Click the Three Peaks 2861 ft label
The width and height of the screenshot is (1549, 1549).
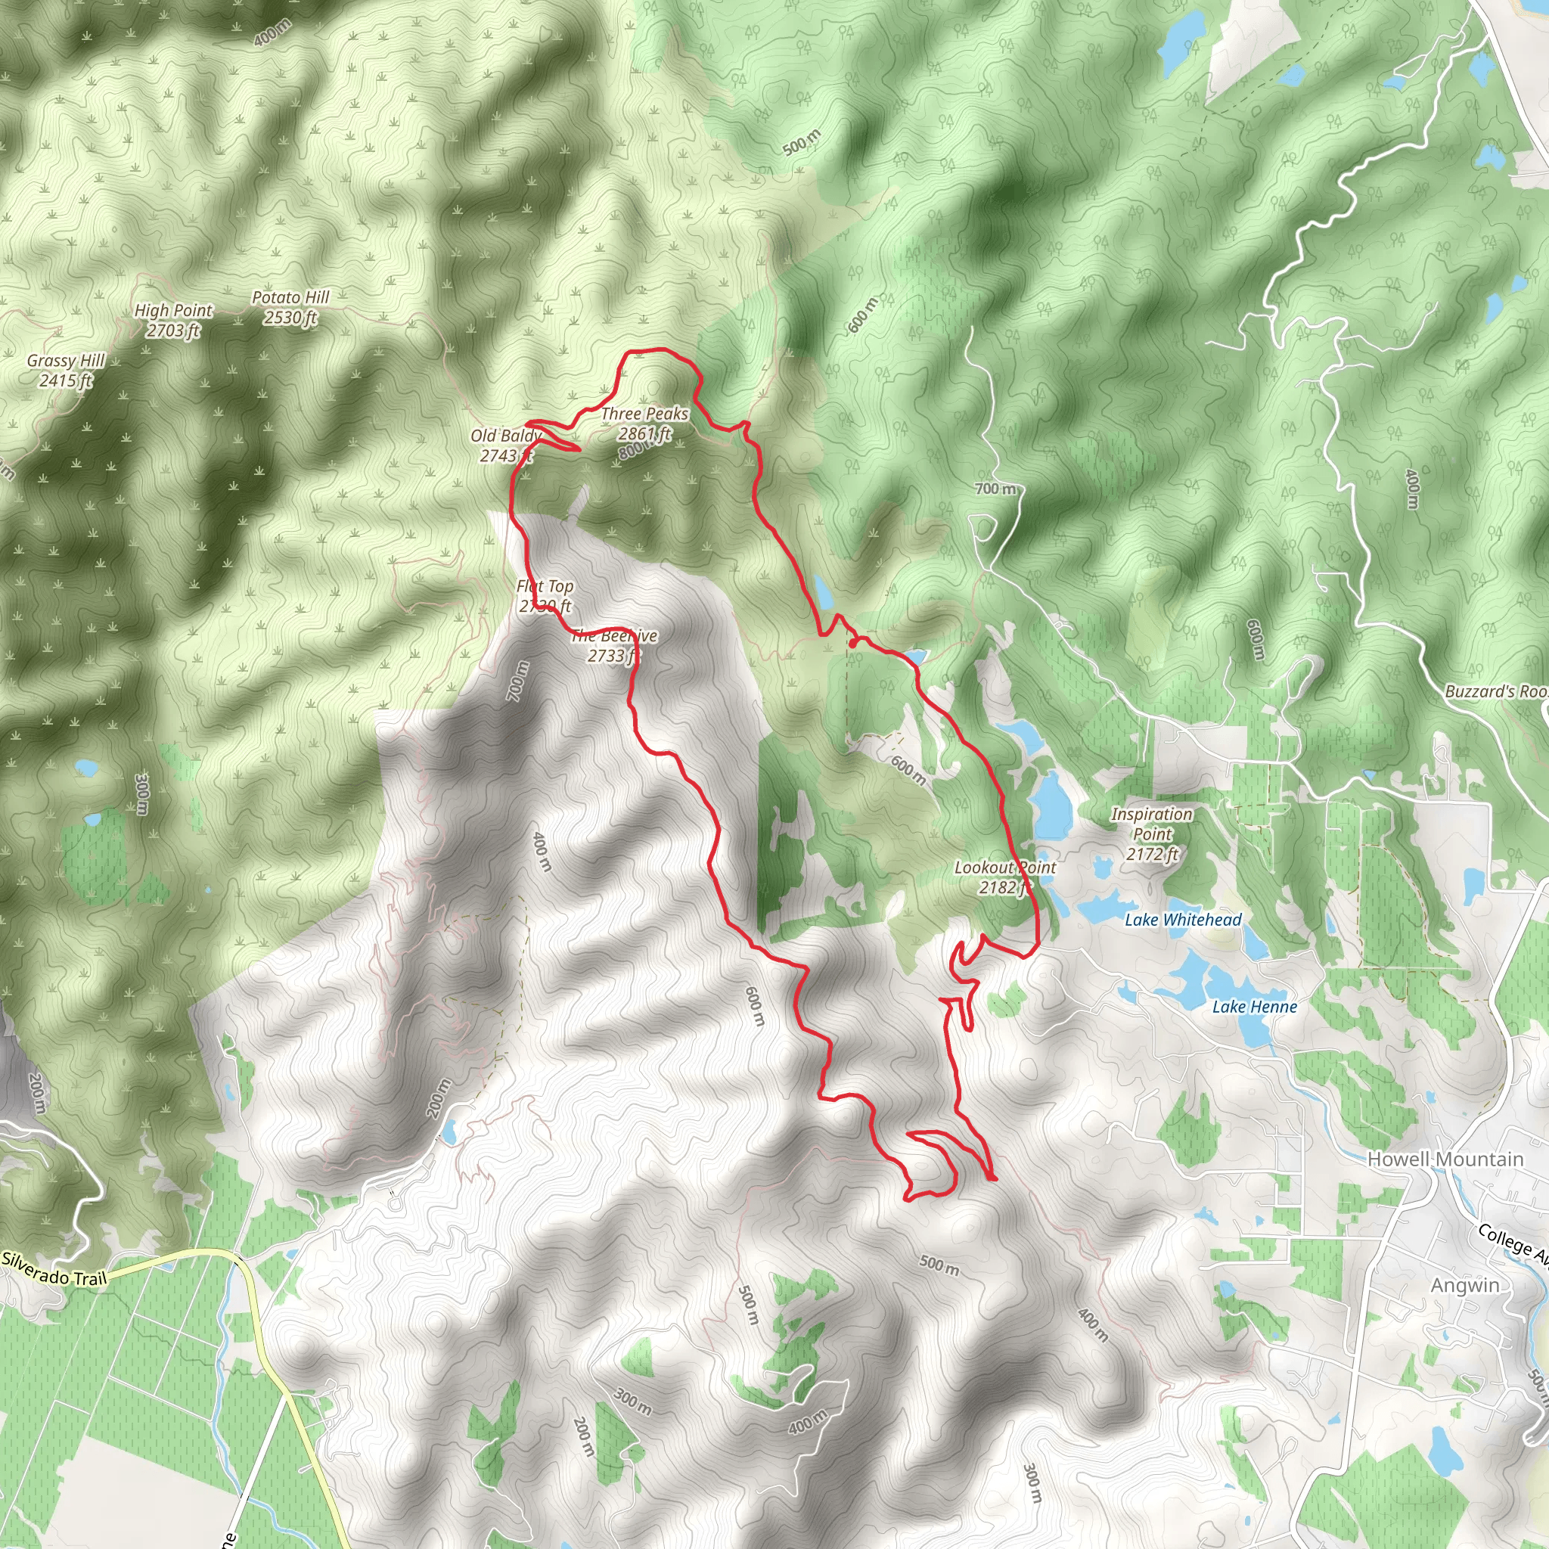(x=644, y=424)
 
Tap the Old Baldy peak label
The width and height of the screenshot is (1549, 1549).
(x=504, y=445)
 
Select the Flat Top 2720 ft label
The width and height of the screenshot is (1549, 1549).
(x=545, y=597)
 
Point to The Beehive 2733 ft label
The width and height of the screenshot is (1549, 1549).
(x=614, y=646)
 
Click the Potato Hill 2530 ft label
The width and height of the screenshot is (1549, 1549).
(x=290, y=308)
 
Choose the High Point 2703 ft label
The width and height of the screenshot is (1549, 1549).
(x=173, y=320)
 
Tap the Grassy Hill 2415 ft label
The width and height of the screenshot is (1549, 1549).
(x=66, y=371)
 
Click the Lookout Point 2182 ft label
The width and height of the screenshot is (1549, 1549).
(x=1004, y=877)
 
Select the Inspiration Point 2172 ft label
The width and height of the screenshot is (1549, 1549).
(x=1151, y=833)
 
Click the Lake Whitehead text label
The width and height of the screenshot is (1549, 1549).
(x=1183, y=920)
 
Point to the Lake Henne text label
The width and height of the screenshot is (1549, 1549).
(x=1254, y=1007)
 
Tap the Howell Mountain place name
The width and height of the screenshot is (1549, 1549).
(x=1445, y=1159)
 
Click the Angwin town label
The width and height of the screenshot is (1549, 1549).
(x=1465, y=1286)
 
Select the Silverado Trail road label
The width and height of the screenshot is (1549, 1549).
(x=54, y=1268)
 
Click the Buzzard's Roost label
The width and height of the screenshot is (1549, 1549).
(x=1496, y=692)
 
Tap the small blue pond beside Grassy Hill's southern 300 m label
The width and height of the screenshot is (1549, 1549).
(x=86, y=768)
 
